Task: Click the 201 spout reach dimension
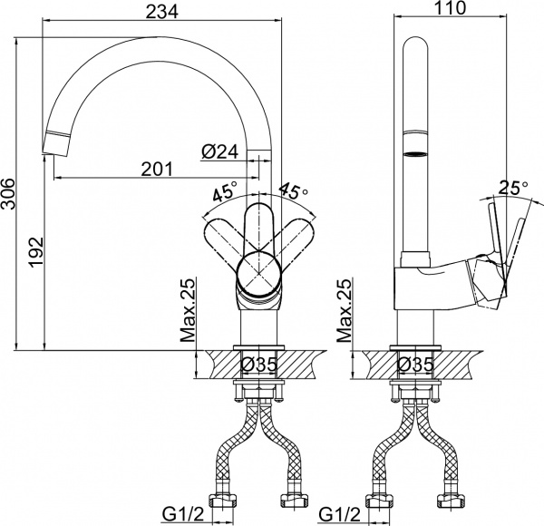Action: pos(158,169)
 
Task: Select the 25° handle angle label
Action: pos(512,188)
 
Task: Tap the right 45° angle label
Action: pos(293,193)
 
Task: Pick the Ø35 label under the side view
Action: pos(416,365)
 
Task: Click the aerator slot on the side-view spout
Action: pos(416,155)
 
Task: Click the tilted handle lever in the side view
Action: pos(500,249)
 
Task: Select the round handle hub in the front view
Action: pos(258,273)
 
